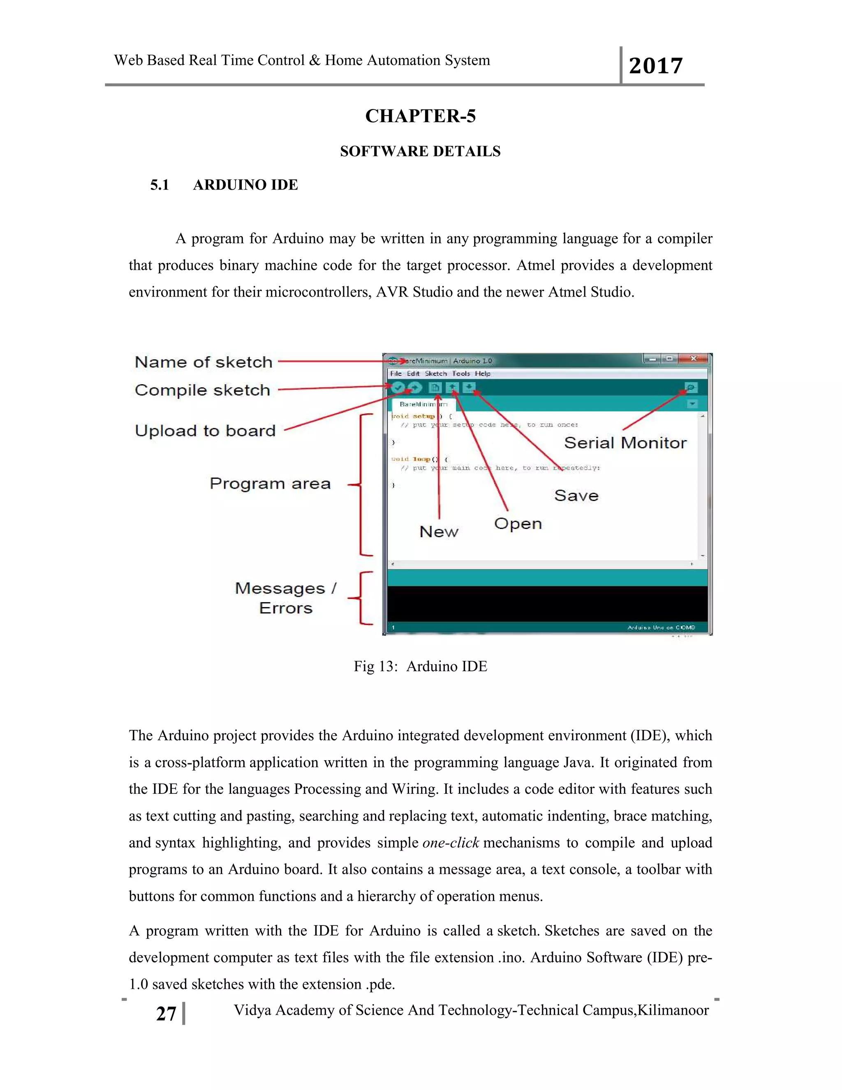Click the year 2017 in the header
655,66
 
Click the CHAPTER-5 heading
421,116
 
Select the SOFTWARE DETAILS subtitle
420,151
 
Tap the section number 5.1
160,185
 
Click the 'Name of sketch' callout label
204,362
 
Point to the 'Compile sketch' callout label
203,390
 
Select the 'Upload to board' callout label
205,430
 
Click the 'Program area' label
270,483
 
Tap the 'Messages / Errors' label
286,598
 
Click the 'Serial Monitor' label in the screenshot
625,443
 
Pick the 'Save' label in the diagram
576,496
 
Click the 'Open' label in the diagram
518,524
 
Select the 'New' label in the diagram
438,531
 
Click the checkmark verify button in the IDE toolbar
398,388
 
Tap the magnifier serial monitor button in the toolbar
690,388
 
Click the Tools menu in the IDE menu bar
461,373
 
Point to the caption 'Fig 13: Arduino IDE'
421,666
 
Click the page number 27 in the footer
166,1013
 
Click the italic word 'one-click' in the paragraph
451,842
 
